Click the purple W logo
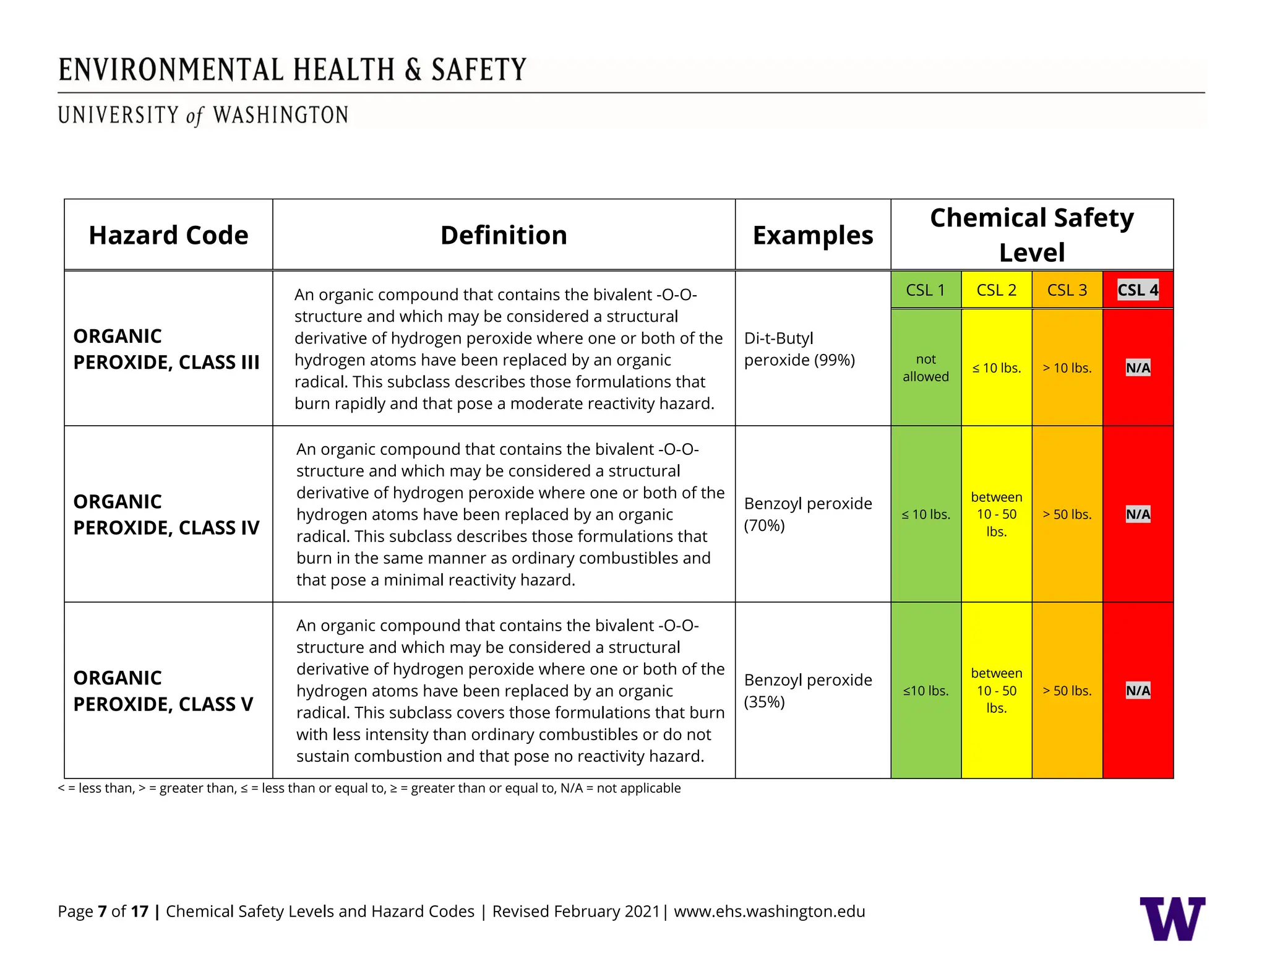click(1172, 918)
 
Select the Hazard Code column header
click(168, 235)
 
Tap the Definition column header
click(504, 235)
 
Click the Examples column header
click(812, 235)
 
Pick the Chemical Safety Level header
click(1031, 235)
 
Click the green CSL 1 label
click(926, 290)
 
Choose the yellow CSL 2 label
click(996, 290)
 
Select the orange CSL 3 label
click(1067, 290)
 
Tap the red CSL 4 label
click(1138, 290)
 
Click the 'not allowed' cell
click(926, 368)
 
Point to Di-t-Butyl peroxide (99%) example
click(799, 349)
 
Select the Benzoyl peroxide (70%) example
click(807, 514)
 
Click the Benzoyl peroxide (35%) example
click(807, 691)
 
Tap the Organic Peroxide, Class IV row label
click(166, 514)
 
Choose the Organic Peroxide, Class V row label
click(163, 691)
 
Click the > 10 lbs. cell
click(1067, 368)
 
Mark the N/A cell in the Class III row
click(1138, 368)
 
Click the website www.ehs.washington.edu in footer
click(769, 911)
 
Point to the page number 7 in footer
click(102, 911)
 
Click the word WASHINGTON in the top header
click(280, 115)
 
